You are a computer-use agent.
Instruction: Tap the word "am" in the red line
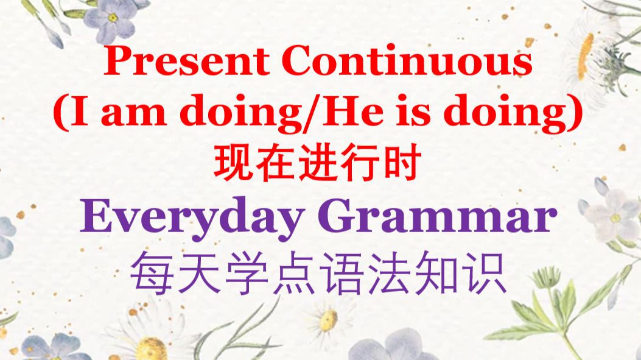(133, 112)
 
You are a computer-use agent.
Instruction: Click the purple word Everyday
(192, 217)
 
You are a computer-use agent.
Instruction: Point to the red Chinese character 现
(233, 163)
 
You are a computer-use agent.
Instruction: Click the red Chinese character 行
(360, 163)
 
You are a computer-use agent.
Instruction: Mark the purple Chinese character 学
(247, 272)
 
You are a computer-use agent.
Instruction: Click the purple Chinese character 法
(389, 272)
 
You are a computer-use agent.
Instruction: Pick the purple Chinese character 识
(485, 272)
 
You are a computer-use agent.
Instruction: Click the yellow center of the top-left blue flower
(113, 18)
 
